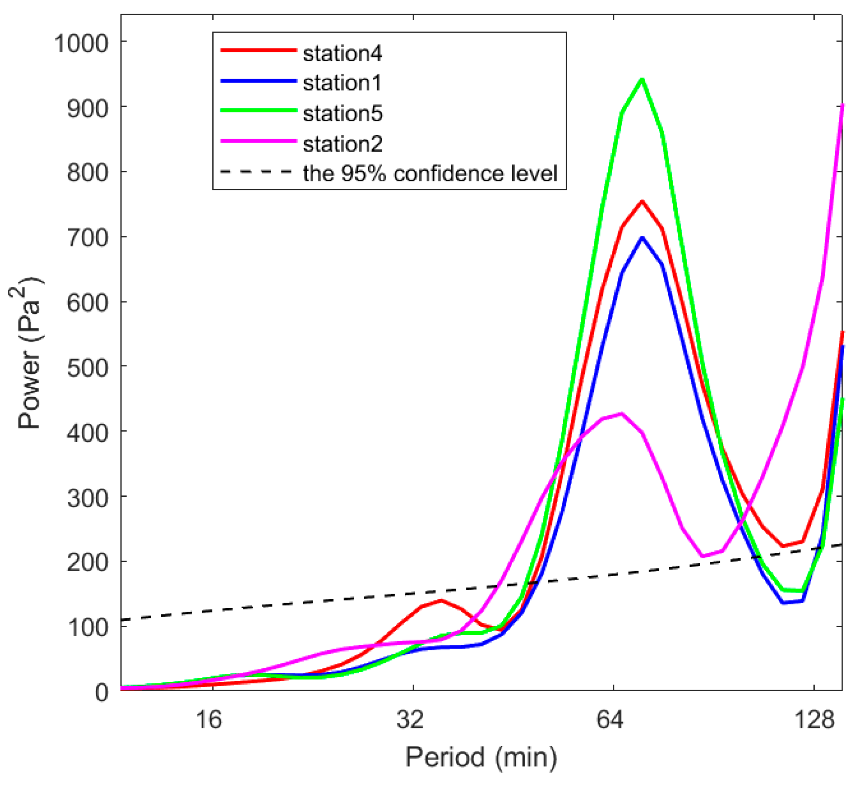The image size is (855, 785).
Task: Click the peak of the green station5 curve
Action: (642, 79)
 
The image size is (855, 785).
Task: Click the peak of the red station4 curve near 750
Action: (642, 202)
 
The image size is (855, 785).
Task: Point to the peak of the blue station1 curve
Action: (642, 238)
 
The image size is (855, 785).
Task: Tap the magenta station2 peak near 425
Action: (621, 414)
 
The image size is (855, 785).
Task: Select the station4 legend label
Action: (342, 54)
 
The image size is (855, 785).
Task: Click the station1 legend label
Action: (342, 83)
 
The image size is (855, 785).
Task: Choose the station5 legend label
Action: (342, 114)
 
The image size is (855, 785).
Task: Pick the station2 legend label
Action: (342, 144)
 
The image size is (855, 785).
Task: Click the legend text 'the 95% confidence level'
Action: (429, 174)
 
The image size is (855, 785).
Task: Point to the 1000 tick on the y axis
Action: (81, 43)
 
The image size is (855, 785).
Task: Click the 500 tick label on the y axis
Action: (88, 368)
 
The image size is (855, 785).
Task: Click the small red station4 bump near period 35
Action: (441, 600)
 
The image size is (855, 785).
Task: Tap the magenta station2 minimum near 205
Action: (702, 556)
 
